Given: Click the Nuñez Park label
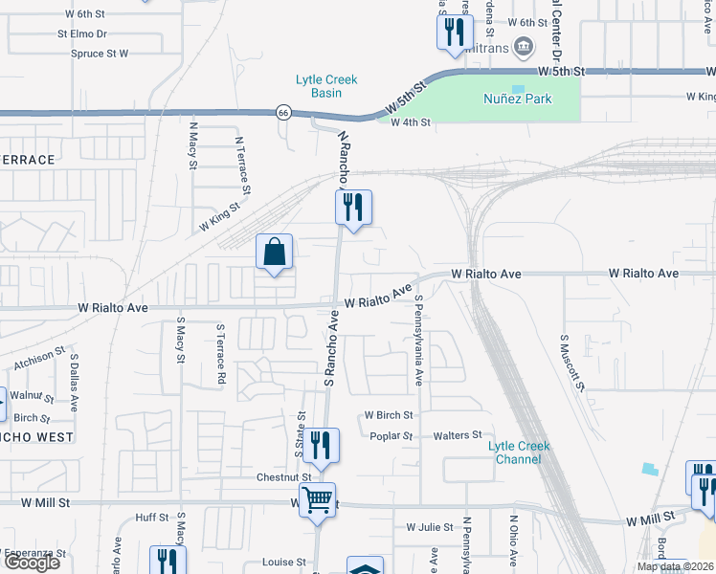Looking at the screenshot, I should coord(518,99).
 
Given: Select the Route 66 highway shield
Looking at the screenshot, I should coord(283,111).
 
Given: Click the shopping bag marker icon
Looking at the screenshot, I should coord(275,253).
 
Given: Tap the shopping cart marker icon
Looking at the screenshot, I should coord(317,498).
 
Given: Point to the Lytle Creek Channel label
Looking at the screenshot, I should coord(520,453).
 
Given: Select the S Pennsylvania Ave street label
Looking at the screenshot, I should coord(418,341).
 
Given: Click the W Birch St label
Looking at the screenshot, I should coord(388,416).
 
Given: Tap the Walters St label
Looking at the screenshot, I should coord(457,435).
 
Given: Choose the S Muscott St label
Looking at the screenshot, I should coord(571,363).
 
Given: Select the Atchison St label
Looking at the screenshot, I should coord(40,359).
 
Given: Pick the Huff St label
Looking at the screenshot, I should coord(152,518).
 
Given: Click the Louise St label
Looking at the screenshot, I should coord(285,563).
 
